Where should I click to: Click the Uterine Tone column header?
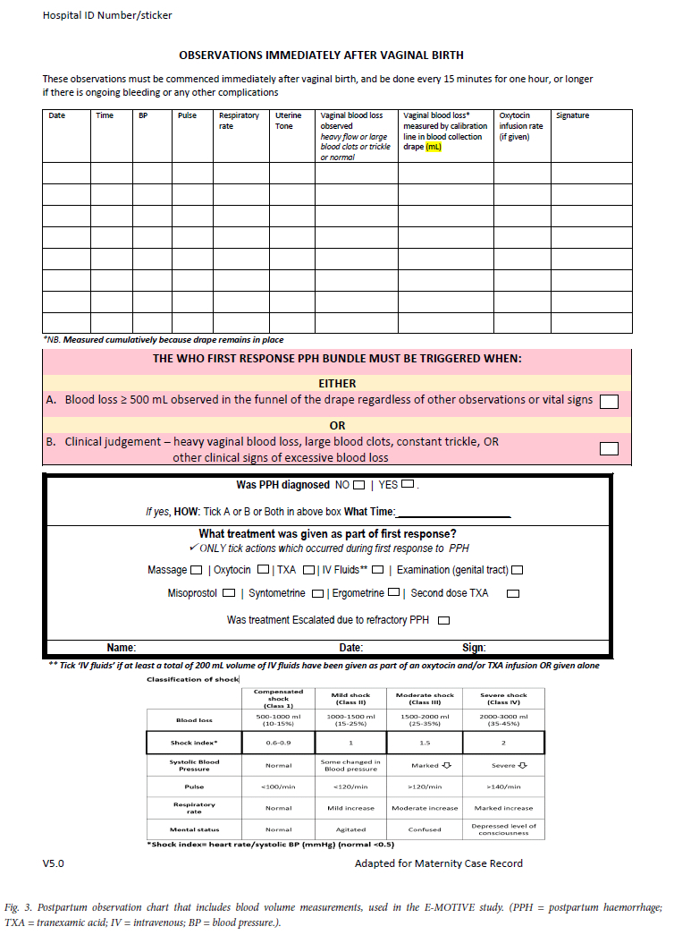click(x=288, y=121)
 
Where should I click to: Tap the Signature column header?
click(x=572, y=115)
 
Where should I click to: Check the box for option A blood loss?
click(x=609, y=402)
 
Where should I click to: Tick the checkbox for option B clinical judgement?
click(x=609, y=448)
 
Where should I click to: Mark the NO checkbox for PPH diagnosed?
click(x=358, y=486)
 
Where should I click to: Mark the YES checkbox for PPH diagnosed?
click(x=408, y=486)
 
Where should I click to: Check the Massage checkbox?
click(x=196, y=570)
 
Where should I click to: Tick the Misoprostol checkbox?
click(x=230, y=593)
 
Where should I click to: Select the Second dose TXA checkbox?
click(x=513, y=593)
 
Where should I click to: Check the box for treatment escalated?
click(x=443, y=620)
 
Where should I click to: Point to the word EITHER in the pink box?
click(x=337, y=383)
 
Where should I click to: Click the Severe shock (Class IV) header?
click(x=504, y=699)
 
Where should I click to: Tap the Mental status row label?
click(x=194, y=829)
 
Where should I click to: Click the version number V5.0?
click(x=54, y=863)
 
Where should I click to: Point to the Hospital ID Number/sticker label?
click(x=107, y=15)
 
